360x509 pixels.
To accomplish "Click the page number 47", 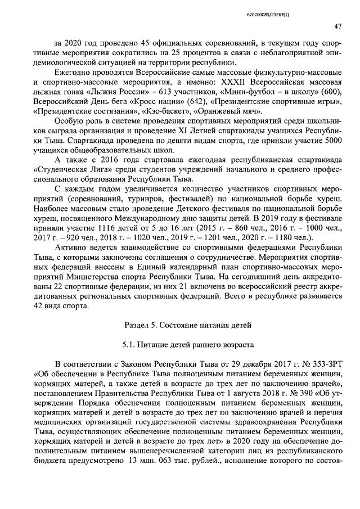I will pyautogui.click(x=338, y=26).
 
